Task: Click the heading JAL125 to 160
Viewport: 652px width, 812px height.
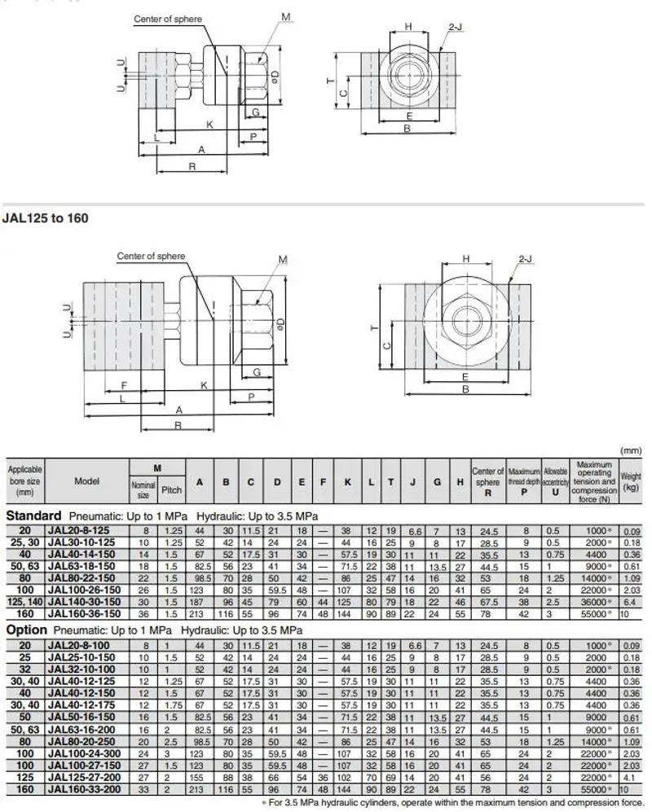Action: (46, 218)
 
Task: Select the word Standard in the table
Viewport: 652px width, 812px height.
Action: (33, 516)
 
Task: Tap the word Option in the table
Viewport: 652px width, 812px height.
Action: (28, 630)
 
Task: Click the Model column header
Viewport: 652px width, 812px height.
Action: (87, 481)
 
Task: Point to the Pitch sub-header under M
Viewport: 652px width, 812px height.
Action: (172, 490)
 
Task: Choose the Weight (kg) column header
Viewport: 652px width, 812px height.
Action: (631, 481)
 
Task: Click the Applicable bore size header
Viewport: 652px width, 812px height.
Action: (24, 481)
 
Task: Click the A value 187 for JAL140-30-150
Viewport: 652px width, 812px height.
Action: (198, 601)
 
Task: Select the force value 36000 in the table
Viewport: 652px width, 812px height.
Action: (591, 601)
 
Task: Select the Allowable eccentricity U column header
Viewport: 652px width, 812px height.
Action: (556, 481)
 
